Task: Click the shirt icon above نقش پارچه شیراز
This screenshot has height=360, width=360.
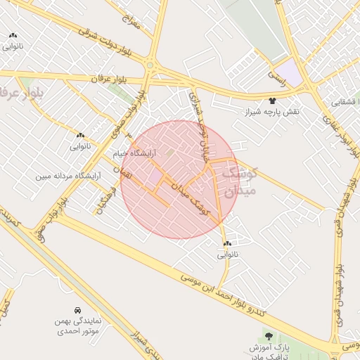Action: [x=272, y=101]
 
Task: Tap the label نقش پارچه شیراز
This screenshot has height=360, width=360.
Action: [x=272, y=112]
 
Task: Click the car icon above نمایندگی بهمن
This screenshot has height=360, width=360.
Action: [x=77, y=310]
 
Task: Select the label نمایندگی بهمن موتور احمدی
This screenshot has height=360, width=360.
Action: [x=78, y=325]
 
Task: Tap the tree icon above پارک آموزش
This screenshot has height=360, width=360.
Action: [x=268, y=336]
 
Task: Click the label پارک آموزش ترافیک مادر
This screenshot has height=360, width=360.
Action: [x=269, y=352]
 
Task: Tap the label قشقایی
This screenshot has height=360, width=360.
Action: [x=344, y=103]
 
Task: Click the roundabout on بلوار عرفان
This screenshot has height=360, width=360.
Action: [x=149, y=65]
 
